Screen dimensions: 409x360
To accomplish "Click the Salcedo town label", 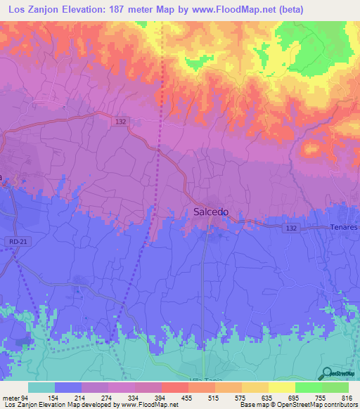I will pyautogui.click(x=210, y=212).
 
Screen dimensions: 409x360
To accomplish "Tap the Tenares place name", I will pyautogui.click(x=344, y=228).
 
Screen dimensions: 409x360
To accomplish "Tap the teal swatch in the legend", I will pyautogui.click(x=41, y=387).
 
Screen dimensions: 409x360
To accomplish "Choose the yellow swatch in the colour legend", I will pyautogui.click(x=281, y=387).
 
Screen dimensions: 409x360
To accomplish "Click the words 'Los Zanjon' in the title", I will pyautogui.click(x=30, y=9).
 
